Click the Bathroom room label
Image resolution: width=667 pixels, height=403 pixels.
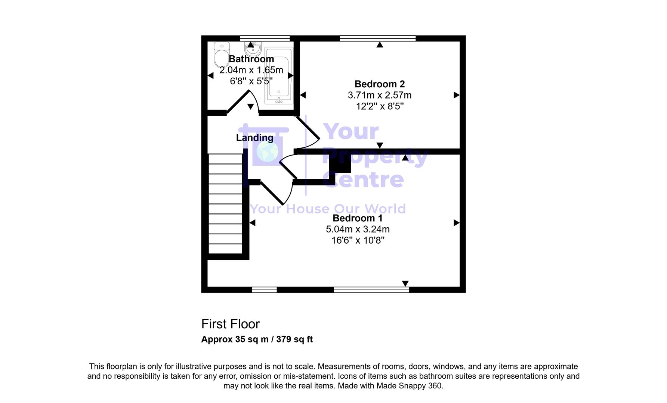coord(251,59)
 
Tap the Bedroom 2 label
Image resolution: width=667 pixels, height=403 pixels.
coord(379,84)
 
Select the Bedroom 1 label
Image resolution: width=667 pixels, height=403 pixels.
coord(358,218)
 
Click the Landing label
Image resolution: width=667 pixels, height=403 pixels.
coord(254,138)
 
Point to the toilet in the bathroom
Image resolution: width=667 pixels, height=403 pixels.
coord(221,55)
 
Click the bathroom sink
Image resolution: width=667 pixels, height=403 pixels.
coord(253,49)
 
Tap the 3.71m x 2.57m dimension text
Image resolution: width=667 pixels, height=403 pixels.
coord(379,96)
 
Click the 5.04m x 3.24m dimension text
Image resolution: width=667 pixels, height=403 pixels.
coord(358,229)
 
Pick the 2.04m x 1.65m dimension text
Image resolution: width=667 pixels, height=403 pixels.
coord(251,70)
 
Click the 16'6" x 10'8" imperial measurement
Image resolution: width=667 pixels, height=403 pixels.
coord(358,240)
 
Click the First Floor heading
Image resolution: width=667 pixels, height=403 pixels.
coord(230,324)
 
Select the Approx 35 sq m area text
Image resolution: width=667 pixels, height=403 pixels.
coord(257,340)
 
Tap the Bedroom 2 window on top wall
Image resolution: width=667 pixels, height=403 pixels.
coord(377,38)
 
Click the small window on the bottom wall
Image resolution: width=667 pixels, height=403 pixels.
coord(264,290)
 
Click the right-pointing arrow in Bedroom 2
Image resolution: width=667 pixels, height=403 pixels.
coord(456,95)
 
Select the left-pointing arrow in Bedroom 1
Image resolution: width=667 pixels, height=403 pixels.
coord(252,223)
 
